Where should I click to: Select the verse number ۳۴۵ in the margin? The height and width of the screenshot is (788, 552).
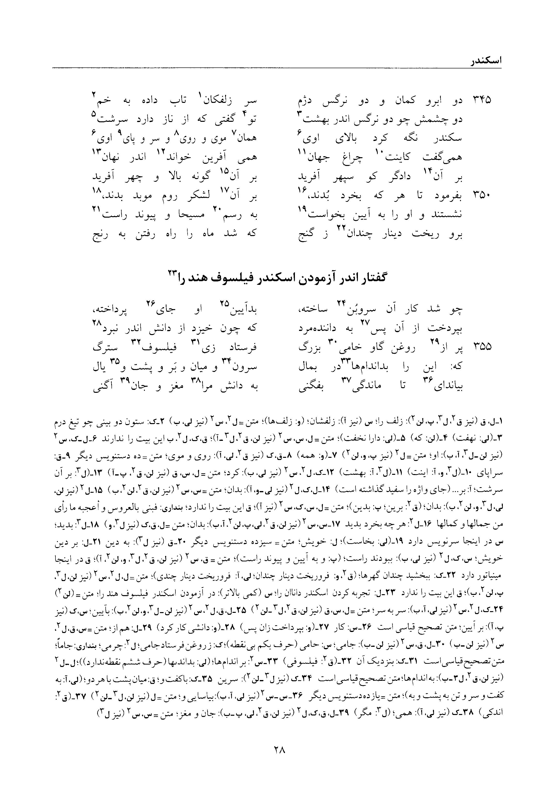pos(482,100)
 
